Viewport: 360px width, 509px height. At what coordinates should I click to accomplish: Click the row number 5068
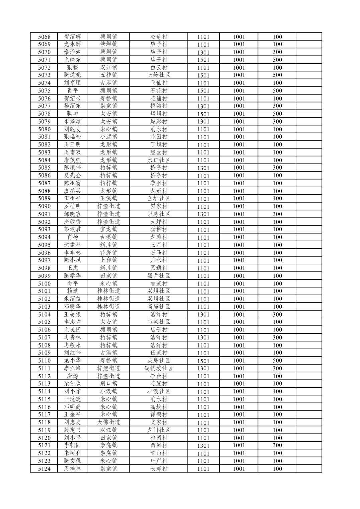[44, 37]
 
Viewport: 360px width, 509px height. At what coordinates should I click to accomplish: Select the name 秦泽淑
[72, 52]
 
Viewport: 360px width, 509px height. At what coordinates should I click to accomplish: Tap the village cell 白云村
[159, 67]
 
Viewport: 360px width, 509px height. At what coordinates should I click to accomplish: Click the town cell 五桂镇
[109, 75]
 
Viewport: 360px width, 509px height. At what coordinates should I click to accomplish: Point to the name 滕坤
[72, 114]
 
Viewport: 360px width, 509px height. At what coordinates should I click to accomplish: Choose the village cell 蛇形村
[159, 121]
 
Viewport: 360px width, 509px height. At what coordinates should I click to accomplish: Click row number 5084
[44, 160]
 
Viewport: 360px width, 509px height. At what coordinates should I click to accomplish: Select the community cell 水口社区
[159, 160]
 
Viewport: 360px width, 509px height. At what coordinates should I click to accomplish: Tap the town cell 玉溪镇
[109, 198]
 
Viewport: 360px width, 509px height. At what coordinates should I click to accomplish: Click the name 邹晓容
[72, 214]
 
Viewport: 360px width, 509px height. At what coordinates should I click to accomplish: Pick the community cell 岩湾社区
[159, 214]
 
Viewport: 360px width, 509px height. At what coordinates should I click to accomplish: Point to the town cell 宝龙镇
[109, 229]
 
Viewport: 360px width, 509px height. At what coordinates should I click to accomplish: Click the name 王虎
[72, 268]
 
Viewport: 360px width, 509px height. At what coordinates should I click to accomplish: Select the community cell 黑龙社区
[159, 276]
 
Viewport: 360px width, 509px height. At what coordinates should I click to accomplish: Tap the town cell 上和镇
[109, 260]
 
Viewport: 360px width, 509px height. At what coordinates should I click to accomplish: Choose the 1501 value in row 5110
[203, 361]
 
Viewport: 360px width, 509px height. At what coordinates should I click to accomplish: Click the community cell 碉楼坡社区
[159, 368]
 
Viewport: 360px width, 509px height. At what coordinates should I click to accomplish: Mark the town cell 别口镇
[109, 383]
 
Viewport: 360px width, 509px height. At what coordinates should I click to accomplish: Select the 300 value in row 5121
[277, 445]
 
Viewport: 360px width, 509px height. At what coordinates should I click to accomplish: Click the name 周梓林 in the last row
[72, 469]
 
